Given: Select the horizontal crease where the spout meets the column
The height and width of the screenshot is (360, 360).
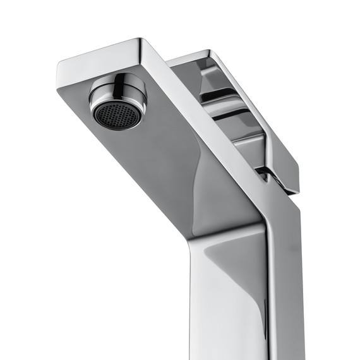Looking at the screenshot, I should click(x=227, y=231).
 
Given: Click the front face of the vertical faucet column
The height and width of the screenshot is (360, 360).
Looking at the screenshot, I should click(x=227, y=297).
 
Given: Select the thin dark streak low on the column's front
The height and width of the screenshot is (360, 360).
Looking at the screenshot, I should click(x=208, y=341).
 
